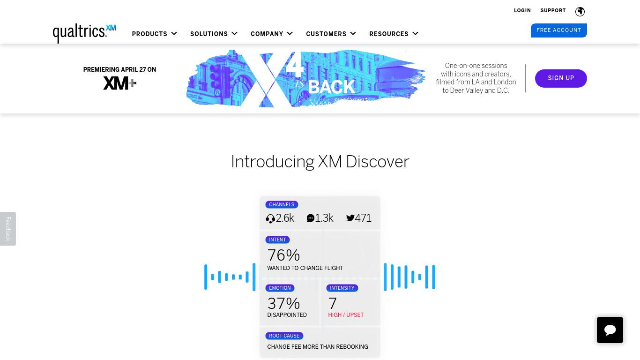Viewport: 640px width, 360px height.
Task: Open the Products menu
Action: tap(154, 34)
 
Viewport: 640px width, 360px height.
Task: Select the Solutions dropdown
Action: tap(214, 34)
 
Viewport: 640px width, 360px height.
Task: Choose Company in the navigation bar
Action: tap(272, 34)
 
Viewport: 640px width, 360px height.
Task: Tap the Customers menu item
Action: tap(331, 34)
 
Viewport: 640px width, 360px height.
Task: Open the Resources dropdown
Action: tap(394, 34)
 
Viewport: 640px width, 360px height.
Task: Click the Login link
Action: tap(522, 11)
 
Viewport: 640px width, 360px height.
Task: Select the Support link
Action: tap(553, 11)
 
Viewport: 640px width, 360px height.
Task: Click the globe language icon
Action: tap(580, 11)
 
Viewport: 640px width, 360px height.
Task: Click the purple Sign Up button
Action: tap(561, 78)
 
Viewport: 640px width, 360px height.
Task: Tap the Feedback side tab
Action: tap(8, 228)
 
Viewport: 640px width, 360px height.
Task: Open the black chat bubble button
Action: tap(610, 330)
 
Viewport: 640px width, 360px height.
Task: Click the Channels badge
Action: tap(282, 204)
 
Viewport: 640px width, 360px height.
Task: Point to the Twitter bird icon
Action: tap(350, 218)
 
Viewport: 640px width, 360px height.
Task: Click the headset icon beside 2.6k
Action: tap(270, 219)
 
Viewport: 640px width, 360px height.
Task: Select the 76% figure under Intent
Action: tap(283, 255)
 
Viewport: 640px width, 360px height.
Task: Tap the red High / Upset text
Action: tap(346, 315)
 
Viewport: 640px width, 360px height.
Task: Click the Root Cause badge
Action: tap(284, 336)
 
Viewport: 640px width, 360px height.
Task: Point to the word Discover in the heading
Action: tap(378, 162)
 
